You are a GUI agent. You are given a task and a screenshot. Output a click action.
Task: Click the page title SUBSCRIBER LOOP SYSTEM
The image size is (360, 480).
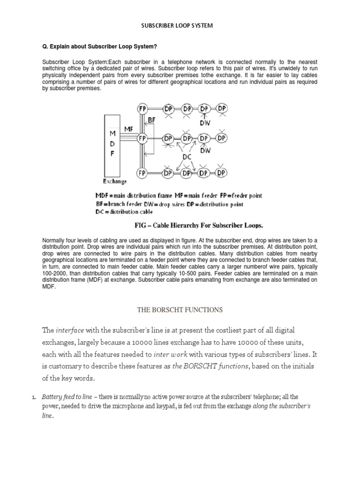[x=177, y=26]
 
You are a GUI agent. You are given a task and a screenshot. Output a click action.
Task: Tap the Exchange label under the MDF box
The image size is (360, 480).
[x=115, y=181]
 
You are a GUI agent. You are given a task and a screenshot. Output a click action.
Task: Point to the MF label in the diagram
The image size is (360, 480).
[x=129, y=127]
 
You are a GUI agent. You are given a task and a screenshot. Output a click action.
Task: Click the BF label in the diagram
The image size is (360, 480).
[x=151, y=120]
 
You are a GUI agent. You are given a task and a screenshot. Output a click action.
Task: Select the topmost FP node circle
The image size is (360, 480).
[x=142, y=109]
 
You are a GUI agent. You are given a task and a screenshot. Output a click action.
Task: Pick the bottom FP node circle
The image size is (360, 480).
[x=142, y=172]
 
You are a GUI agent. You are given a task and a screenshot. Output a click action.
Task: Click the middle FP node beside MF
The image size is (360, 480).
[x=142, y=139]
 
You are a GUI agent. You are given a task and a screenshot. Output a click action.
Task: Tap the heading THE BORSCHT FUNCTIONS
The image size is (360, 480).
[x=180, y=310]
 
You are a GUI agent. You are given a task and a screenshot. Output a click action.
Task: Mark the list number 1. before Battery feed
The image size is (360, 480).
[x=34, y=397]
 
